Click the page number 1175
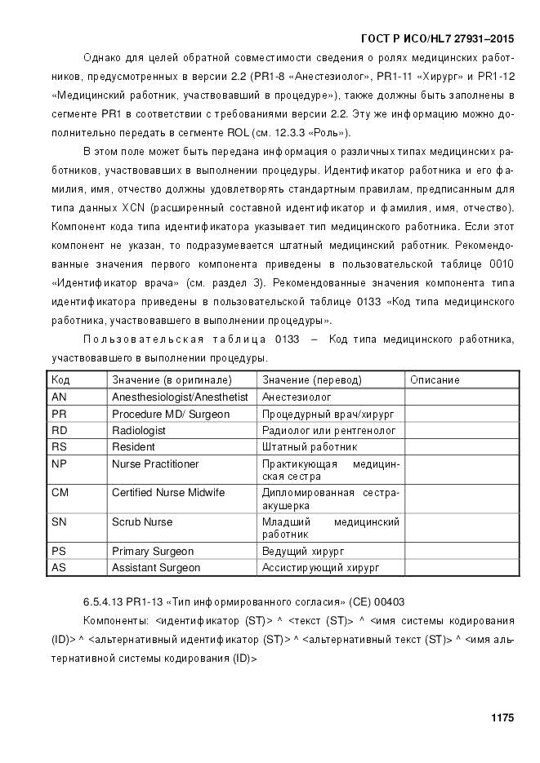click(x=502, y=718)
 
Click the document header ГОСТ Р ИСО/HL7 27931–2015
click(x=437, y=38)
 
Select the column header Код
click(x=60, y=379)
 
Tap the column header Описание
click(x=435, y=379)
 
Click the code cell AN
click(x=59, y=397)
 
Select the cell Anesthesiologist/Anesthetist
click(x=179, y=397)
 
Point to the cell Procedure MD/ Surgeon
click(x=170, y=414)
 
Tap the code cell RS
click(x=59, y=447)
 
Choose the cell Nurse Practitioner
click(x=155, y=464)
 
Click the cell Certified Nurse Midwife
click(x=167, y=493)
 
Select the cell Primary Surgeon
click(x=154, y=551)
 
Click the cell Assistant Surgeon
click(x=155, y=567)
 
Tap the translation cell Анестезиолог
click(x=296, y=397)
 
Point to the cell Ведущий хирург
click(x=303, y=551)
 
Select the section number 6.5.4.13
click(x=103, y=601)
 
